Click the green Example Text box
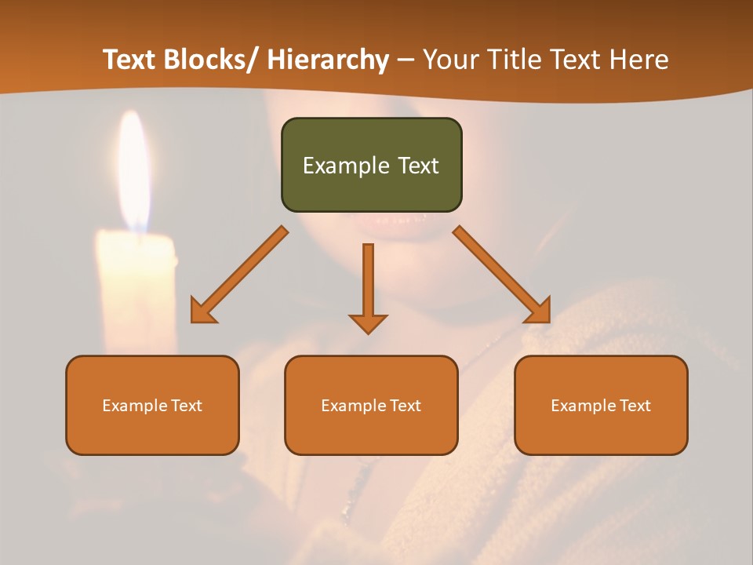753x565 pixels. click(x=371, y=165)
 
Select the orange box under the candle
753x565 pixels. click(x=152, y=405)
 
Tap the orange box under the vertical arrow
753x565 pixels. click(x=371, y=405)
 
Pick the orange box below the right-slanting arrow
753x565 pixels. click(x=601, y=405)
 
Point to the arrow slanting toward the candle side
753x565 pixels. click(x=240, y=275)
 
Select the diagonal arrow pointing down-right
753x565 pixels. click(x=502, y=275)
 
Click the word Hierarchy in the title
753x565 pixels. click(x=328, y=60)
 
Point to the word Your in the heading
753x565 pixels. click(x=448, y=60)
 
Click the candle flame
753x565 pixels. click(x=134, y=173)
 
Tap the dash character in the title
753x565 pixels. click(x=406, y=60)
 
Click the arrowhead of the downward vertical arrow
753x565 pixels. click(x=368, y=323)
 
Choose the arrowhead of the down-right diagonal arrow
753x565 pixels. click(x=540, y=312)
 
